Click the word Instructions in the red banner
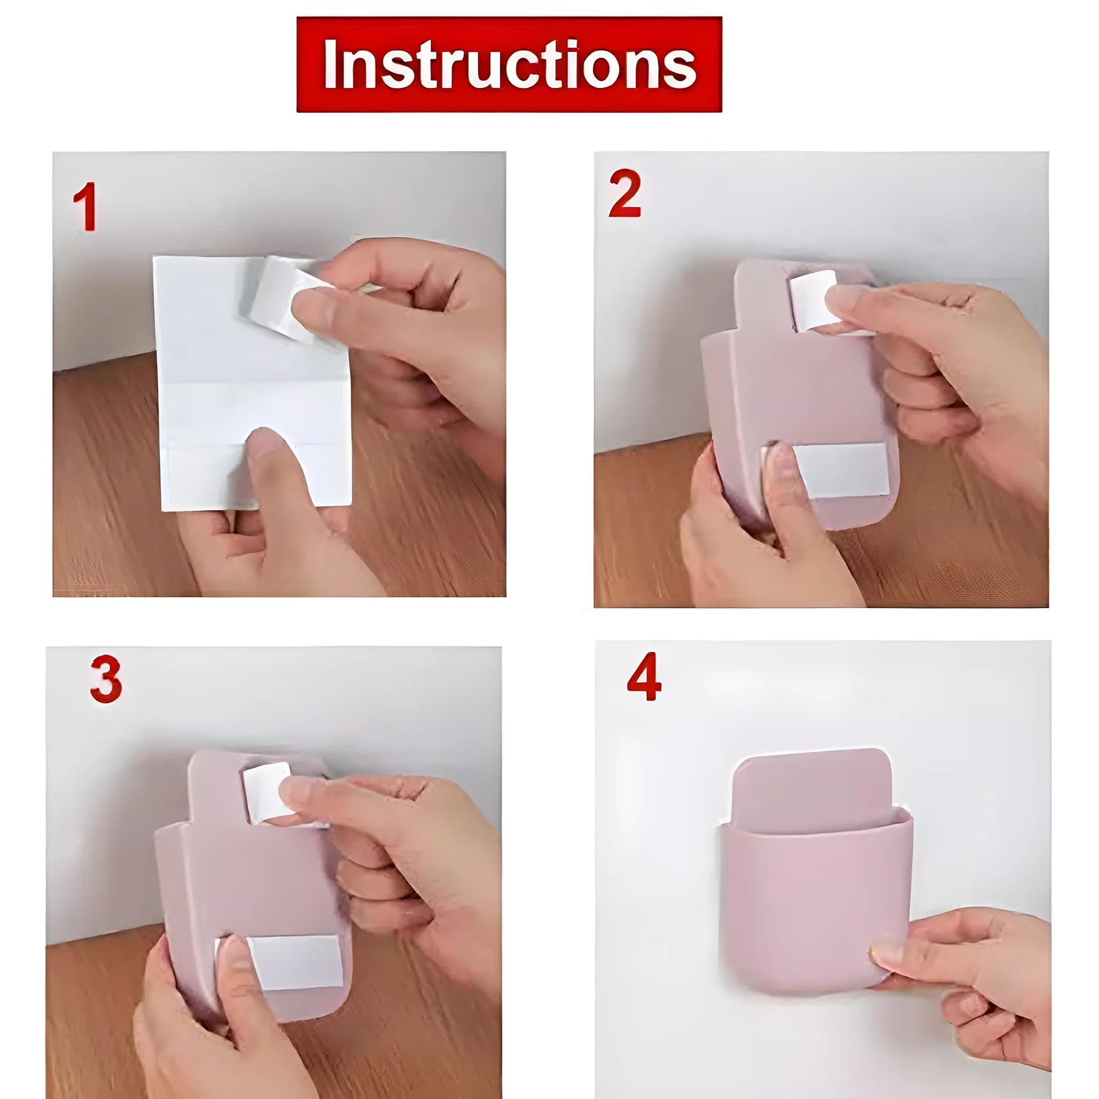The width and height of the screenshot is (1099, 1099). (509, 64)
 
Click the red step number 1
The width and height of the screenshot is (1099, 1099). (85, 207)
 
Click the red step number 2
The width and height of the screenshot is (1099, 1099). (625, 193)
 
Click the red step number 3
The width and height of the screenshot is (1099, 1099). (106, 679)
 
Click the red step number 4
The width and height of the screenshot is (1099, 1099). (644, 677)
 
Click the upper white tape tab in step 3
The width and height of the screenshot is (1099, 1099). (263, 791)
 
